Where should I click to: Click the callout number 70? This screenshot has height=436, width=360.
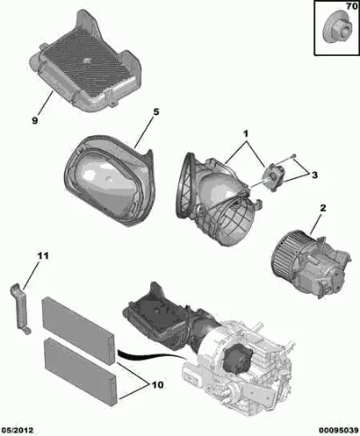click(351, 6)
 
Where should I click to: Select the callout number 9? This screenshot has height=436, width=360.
click(35, 121)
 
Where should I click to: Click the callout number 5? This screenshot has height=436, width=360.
click(156, 113)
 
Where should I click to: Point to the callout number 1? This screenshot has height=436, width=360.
click(246, 133)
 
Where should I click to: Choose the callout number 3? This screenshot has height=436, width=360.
click(314, 175)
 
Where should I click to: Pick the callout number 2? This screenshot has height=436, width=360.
click(323, 208)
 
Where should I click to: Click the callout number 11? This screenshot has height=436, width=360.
click(43, 256)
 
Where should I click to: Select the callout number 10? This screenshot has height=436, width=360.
click(158, 385)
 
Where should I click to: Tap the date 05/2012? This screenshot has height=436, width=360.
click(17, 431)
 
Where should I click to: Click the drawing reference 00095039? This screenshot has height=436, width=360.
click(338, 431)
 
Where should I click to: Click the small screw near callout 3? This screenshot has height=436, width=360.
click(294, 155)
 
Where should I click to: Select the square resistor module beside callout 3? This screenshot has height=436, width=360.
click(274, 177)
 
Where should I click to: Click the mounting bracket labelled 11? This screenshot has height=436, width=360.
click(21, 309)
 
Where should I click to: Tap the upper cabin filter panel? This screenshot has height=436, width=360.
click(78, 331)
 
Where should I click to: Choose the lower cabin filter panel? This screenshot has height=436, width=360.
click(80, 372)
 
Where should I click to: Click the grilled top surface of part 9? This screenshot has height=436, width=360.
click(85, 64)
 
